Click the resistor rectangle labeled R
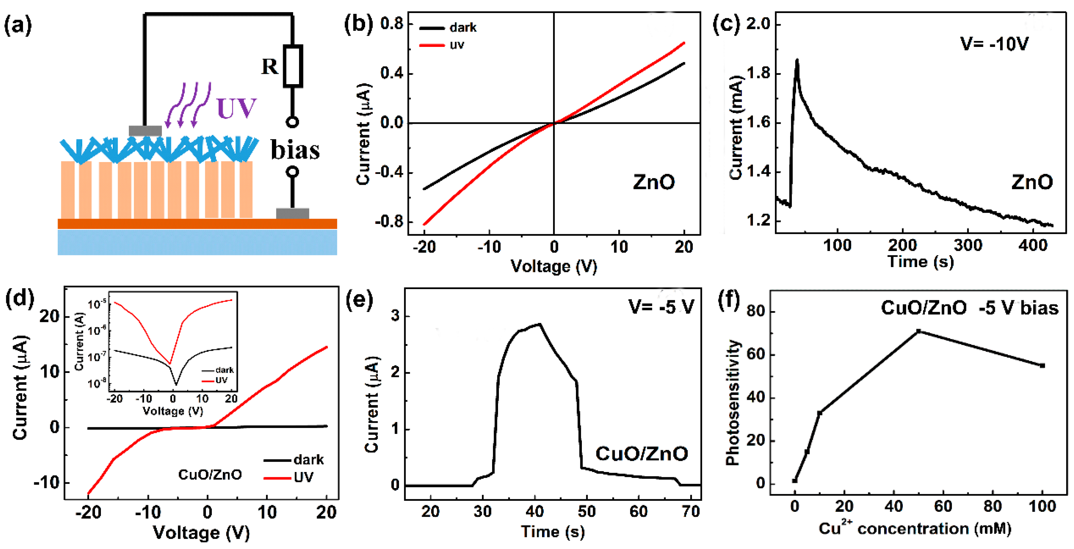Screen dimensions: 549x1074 293,66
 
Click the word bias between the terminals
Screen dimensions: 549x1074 295,150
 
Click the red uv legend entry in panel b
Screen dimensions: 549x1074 442,45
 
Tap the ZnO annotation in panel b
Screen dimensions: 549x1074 653,182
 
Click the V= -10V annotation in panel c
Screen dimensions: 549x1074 994,44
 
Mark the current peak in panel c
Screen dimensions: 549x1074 797,61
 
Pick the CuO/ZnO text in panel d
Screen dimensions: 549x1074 210,474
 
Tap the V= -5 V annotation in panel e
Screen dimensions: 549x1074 661,307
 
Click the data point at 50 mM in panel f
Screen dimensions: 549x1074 918,331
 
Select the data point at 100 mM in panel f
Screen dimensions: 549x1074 1042,365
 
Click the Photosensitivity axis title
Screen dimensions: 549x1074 732,402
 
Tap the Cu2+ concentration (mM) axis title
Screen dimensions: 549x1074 915,528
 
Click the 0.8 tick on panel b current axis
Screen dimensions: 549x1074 392,24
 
